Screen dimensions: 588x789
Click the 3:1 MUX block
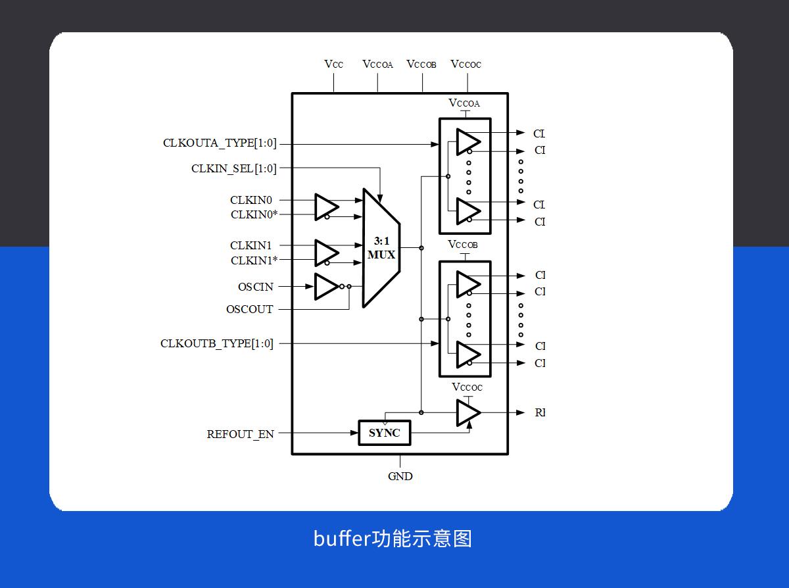pos(381,248)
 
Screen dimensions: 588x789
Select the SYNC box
pos(384,433)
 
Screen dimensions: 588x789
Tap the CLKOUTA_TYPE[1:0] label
pos(220,143)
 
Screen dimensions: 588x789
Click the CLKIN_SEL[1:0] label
pos(234,168)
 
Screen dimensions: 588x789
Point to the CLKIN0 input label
pos(251,200)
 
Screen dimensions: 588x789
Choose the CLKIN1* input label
pos(254,260)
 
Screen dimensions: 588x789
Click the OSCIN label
pos(255,287)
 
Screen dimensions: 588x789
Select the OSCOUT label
pos(249,309)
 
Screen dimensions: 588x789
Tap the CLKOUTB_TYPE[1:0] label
pos(216,343)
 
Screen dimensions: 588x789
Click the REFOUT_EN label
pos(240,434)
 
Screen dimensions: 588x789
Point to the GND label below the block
pos(400,476)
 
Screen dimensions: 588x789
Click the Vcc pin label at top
pos(333,64)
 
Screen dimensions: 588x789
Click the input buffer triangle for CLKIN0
pos(325,207)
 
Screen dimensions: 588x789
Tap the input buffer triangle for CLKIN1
pos(325,253)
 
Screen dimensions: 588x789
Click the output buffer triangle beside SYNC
pos(467,412)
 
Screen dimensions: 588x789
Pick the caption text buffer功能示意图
pos(393,538)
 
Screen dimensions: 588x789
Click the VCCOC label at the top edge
pos(466,64)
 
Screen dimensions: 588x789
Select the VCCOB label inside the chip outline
pos(463,245)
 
